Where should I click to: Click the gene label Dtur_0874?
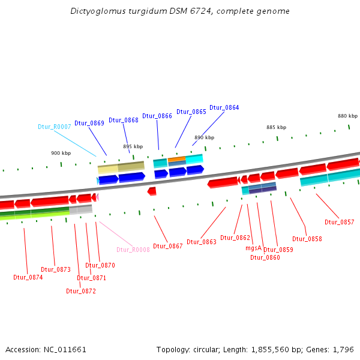point(28,277)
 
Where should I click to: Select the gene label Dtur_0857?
point(340,222)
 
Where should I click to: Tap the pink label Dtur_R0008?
point(133,250)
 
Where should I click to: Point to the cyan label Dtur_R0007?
point(55,127)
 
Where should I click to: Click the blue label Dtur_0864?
point(224,108)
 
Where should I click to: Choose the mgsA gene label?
point(254,247)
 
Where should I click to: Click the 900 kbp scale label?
point(61,154)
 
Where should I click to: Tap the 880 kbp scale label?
point(347,116)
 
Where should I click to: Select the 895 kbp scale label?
point(133,146)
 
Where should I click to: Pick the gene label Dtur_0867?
point(168,246)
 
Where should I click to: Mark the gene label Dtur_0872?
point(81,291)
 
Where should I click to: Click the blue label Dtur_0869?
point(89,123)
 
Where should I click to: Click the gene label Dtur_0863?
point(202,242)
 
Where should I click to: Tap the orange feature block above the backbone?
point(177,160)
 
